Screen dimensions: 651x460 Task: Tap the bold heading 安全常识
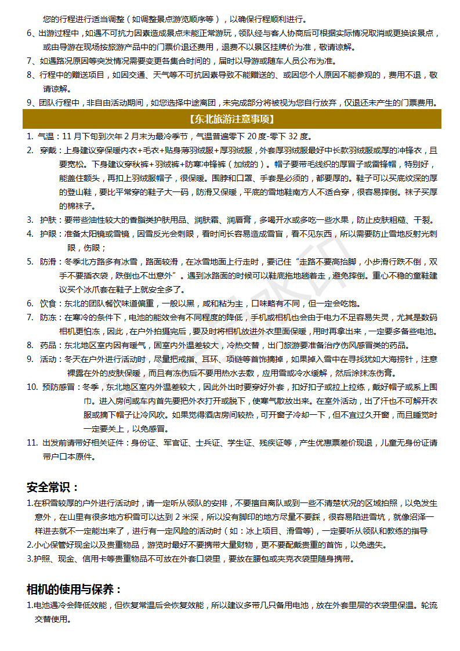52,487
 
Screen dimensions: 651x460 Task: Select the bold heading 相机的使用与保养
74,589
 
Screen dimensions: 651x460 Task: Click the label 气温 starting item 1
45,136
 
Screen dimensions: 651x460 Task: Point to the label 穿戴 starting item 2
48,150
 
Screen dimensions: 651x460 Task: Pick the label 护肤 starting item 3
48,220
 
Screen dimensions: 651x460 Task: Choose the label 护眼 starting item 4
48,234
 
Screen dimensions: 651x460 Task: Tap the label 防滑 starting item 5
48,262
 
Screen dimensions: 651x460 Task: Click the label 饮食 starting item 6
48,303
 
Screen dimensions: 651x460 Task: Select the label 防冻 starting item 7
48,317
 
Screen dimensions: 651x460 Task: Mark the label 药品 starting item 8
48,345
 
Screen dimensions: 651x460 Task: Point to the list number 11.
32,443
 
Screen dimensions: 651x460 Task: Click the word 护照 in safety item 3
41,559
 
